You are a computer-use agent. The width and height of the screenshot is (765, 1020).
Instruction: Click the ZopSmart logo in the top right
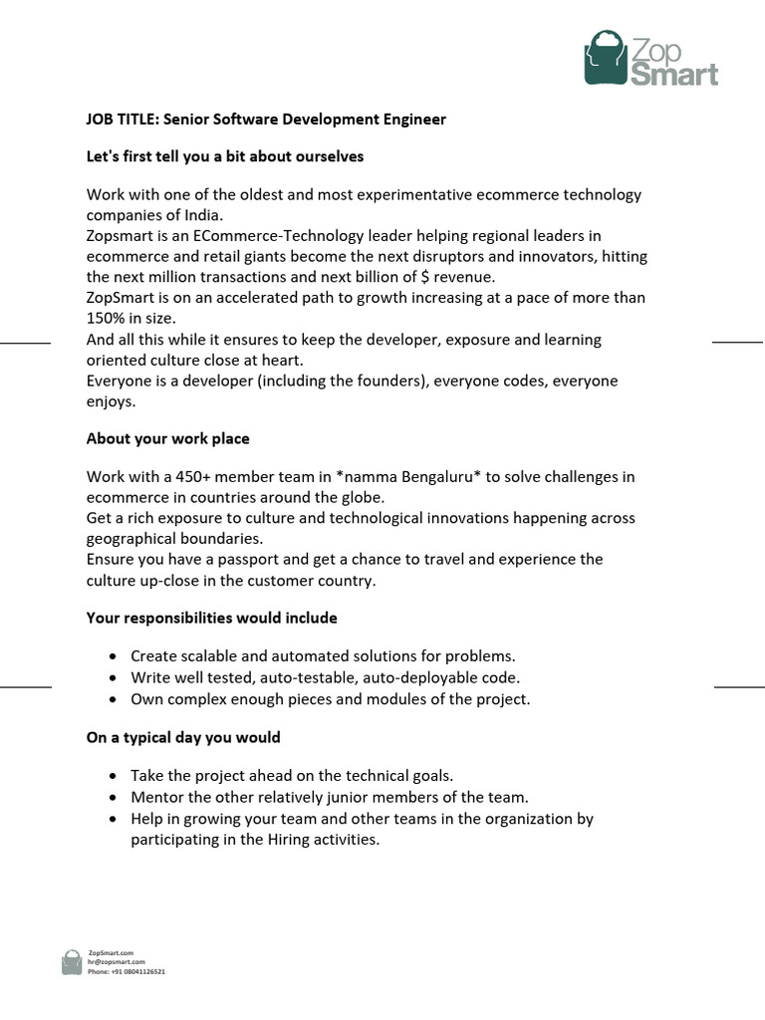(649, 59)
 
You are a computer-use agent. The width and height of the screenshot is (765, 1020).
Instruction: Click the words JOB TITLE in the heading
(123, 120)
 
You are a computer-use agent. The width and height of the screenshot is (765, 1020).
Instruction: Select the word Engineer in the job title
(410, 120)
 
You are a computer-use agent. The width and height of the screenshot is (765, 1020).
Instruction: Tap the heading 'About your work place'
(167, 439)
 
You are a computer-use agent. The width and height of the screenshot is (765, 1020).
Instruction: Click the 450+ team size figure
(193, 477)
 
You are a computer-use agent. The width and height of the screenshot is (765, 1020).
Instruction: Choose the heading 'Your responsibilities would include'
(211, 619)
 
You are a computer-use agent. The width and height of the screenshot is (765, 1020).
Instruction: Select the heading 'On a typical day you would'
(183, 738)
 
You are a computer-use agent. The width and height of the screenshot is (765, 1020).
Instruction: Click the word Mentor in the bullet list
(156, 797)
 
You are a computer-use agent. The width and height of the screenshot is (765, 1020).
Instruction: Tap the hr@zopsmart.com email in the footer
(117, 962)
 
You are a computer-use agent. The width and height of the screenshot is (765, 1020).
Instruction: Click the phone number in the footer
(137, 971)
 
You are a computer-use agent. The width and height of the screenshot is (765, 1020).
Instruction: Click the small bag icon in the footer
(72, 962)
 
